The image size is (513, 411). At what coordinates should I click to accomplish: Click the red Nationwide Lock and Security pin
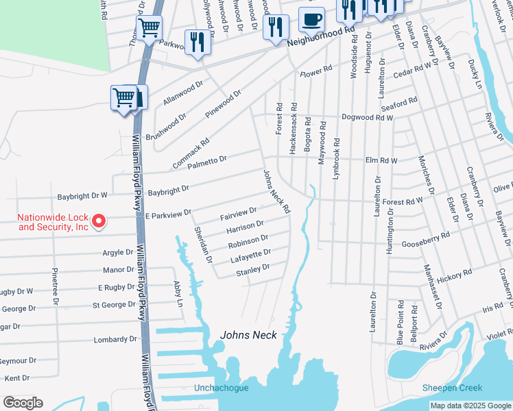pos(98,221)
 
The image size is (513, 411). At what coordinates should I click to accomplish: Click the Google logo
pos(23,403)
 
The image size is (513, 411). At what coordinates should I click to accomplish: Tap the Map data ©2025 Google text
pos(470,406)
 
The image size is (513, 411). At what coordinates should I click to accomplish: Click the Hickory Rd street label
pos(454,275)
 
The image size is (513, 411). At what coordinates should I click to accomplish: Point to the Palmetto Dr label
pos(207,162)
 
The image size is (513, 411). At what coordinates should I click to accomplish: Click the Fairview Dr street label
pos(238,214)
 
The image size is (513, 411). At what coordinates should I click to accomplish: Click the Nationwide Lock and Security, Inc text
pos(53,222)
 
